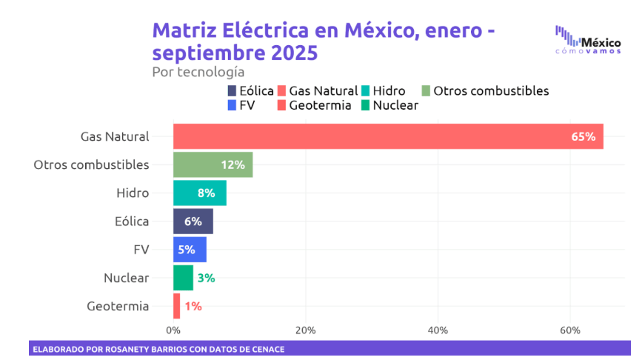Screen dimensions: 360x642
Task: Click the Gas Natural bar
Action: point(385,136)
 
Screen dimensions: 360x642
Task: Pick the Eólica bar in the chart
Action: point(192,221)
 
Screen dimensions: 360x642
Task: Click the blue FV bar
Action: point(189,250)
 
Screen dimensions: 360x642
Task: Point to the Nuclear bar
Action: point(183,278)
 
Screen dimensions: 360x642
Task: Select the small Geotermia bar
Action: point(177,306)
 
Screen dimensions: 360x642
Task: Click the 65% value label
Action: point(583,136)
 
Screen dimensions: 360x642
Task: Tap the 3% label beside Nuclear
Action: point(206,278)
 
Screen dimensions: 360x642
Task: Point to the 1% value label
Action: point(193,306)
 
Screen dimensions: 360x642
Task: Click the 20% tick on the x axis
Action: point(305,330)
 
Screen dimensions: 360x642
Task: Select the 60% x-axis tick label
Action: point(570,330)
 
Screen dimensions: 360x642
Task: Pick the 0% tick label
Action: point(173,330)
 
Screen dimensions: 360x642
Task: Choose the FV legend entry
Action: point(241,105)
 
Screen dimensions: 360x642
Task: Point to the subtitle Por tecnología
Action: point(198,72)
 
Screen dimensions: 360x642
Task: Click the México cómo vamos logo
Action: point(588,40)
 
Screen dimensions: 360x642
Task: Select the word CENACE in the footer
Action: point(264,349)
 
